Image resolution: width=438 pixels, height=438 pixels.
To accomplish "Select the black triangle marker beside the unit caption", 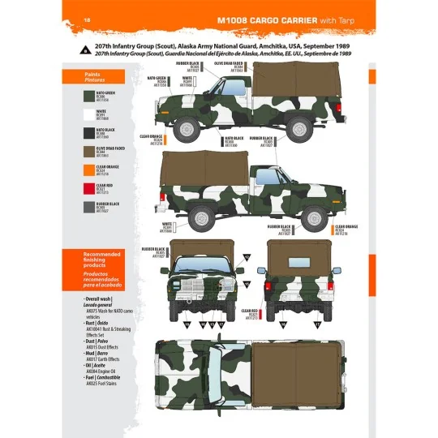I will click(86, 49).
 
